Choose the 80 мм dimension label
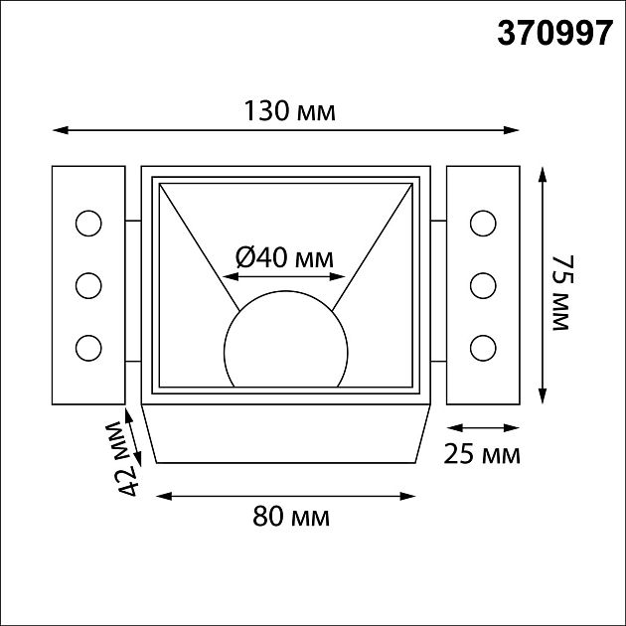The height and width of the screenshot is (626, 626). [x=290, y=518]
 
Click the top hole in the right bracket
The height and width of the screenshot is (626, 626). [x=484, y=223]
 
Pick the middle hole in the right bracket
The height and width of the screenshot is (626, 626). [x=484, y=285]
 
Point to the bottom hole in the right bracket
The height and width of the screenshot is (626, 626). [x=484, y=348]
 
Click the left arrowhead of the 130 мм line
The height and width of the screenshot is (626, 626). [x=58, y=130]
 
